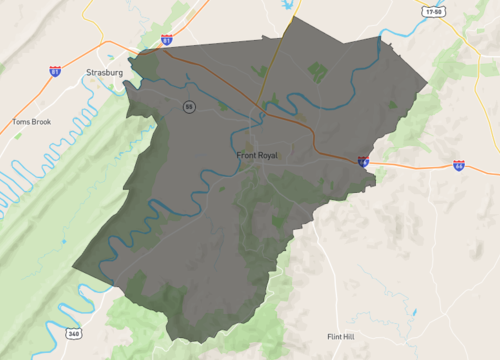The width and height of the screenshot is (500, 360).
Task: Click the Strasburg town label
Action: [104, 72]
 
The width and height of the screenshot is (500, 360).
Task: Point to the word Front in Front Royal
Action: [246, 156]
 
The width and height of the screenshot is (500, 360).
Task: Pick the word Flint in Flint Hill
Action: [335, 337]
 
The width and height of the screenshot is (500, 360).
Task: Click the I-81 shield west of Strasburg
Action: [54, 71]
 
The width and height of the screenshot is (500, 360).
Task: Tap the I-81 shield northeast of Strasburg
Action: [166, 40]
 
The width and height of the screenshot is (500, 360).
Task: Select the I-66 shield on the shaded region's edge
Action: [363, 160]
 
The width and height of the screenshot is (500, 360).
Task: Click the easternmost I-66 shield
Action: [458, 165]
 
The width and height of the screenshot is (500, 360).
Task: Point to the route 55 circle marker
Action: [188, 107]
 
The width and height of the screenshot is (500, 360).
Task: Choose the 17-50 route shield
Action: [433, 12]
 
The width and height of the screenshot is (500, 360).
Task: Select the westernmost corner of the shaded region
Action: [72, 266]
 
